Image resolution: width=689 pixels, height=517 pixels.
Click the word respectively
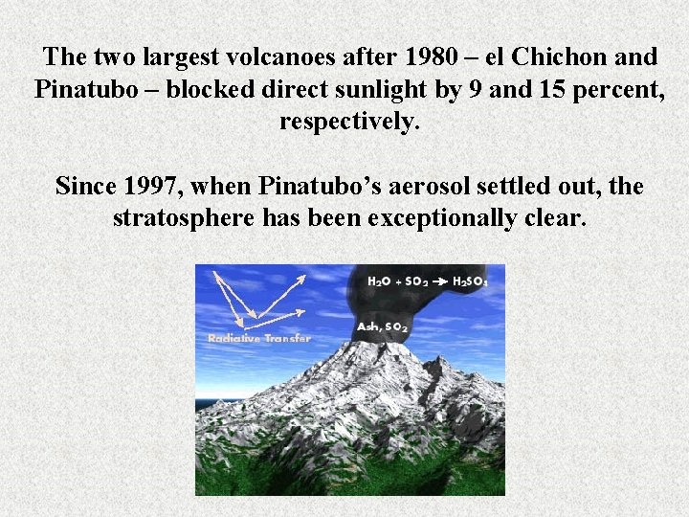349,123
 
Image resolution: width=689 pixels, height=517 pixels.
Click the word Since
86,185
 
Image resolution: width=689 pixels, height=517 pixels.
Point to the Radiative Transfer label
258,338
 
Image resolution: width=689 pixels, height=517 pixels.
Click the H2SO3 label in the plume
471,281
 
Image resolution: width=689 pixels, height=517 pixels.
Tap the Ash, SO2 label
383,327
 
